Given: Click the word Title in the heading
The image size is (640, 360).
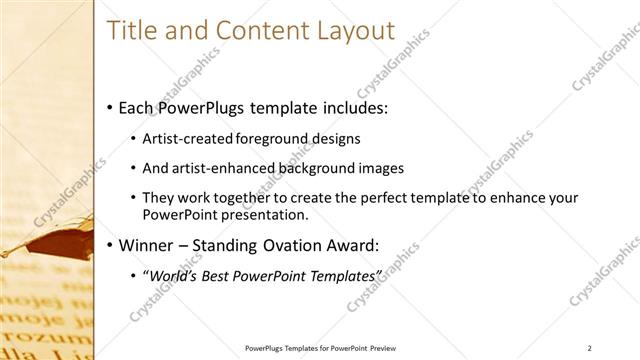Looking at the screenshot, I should click(x=130, y=31).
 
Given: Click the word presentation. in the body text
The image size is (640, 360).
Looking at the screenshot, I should click(x=259, y=214).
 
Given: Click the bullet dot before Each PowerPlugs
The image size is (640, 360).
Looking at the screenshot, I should click(x=109, y=108).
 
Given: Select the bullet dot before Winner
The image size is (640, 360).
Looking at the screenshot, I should click(x=109, y=244).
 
